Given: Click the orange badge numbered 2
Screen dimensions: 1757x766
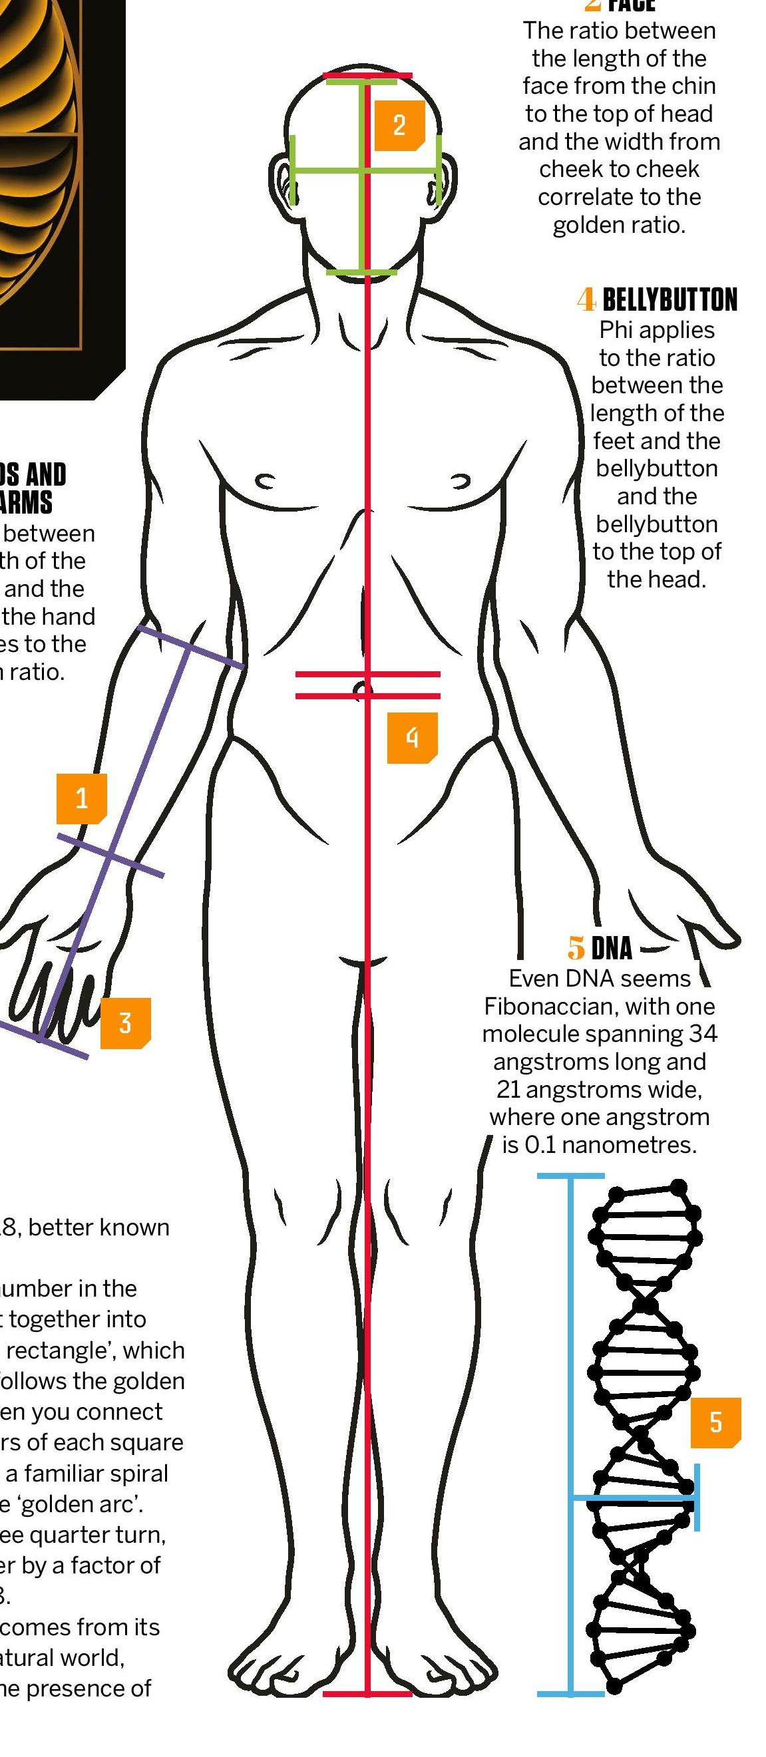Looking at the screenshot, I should point(399,126).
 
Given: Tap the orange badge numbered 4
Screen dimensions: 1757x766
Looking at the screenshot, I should point(412,737).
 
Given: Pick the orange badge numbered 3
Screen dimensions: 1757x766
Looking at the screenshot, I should point(125,1023).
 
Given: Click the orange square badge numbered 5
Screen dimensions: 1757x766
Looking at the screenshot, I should point(715,1422).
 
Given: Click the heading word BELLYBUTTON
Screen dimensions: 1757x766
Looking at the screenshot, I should point(670,300).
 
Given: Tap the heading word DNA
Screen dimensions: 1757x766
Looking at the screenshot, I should point(611,948).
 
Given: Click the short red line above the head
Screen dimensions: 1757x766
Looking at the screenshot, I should point(367,75).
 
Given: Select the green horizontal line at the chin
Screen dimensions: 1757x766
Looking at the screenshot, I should point(361,272).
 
